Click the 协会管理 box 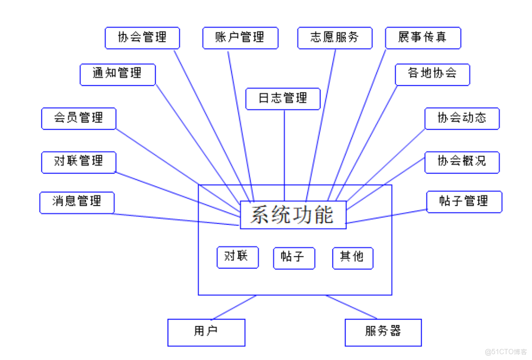tap(142, 38)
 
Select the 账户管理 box tap(240, 38)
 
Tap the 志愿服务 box tap(334, 38)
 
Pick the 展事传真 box tap(423, 38)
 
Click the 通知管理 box tap(118, 74)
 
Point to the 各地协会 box tap(432, 74)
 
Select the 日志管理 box tap(283, 99)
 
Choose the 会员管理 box tap(79, 118)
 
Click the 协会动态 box tap(462, 118)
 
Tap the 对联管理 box tap(79, 162)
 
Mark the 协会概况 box tap(462, 162)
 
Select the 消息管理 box tap(77, 202)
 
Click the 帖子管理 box tap(464, 201)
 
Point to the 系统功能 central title tap(293, 215)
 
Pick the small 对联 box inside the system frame tap(237, 257)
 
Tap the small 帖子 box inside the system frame tap(293, 258)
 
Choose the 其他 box tap(352, 258)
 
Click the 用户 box tap(206, 332)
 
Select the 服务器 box tap(383, 332)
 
